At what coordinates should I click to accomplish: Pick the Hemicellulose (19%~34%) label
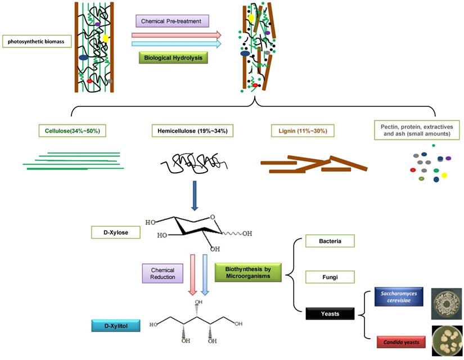(x=192, y=131)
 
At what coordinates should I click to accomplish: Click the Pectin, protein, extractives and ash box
(x=417, y=130)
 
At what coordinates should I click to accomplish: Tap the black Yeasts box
(x=330, y=313)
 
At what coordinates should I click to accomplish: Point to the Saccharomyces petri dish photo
(x=447, y=304)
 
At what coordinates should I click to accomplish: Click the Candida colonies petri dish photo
(x=447, y=341)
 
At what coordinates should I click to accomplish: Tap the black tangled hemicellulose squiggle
(x=193, y=164)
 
